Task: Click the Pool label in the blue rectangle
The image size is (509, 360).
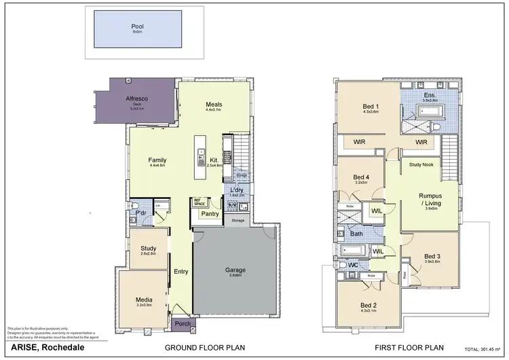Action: pyautogui.click(x=138, y=27)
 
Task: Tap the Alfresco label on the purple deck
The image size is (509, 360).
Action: pyautogui.click(x=137, y=98)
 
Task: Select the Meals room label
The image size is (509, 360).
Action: pyautogui.click(x=214, y=105)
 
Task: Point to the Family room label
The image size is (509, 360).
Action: pyautogui.click(x=157, y=160)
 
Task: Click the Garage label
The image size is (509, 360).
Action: pyautogui.click(x=235, y=270)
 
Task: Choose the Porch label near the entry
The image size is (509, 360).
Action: pyautogui.click(x=182, y=324)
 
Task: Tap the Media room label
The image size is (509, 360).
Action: pyautogui.click(x=143, y=300)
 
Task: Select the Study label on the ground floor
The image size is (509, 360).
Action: pyautogui.click(x=149, y=249)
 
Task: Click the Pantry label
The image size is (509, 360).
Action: pyautogui.click(x=208, y=215)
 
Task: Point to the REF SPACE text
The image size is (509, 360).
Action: pyautogui.click(x=200, y=202)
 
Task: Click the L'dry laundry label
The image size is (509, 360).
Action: pyautogui.click(x=238, y=190)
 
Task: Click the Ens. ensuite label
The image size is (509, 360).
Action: pyautogui.click(x=430, y=95)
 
